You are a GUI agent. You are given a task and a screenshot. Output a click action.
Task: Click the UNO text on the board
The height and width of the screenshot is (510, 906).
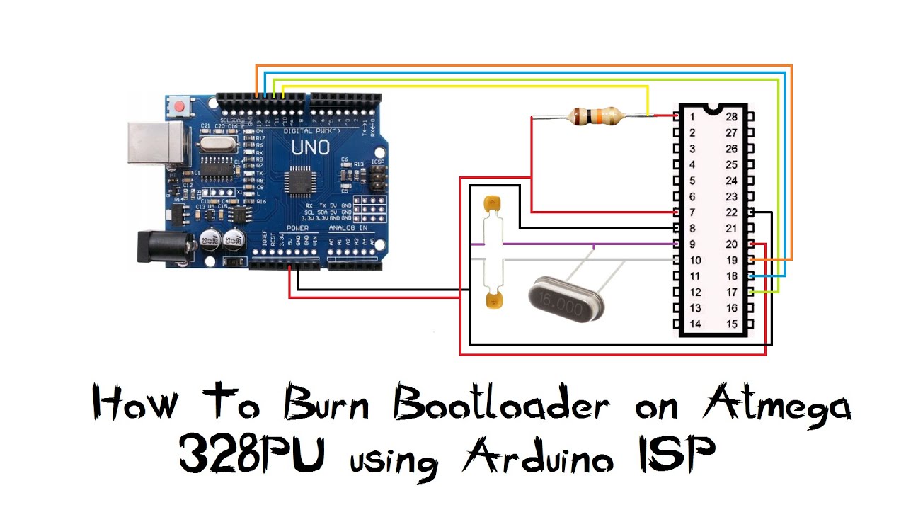click(x=310, y=147)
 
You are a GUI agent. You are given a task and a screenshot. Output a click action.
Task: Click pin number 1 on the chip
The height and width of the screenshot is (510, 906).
click(x=692, y=116)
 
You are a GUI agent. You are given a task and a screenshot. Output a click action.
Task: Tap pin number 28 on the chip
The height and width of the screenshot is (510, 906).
click(x=732, y=116)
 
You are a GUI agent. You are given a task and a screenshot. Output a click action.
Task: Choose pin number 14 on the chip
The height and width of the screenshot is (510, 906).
click(x=694, y=324)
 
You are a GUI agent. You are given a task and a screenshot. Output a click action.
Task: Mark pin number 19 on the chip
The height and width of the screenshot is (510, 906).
click(x=732, y=260)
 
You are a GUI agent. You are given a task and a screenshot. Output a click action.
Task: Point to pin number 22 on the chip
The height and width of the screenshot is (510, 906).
click(x=732, y=212)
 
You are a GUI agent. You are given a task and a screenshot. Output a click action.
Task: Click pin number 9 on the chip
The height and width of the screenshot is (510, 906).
click(x=692, y=244)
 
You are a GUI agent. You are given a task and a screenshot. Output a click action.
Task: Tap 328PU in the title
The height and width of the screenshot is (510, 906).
click(x=252, y=455)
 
